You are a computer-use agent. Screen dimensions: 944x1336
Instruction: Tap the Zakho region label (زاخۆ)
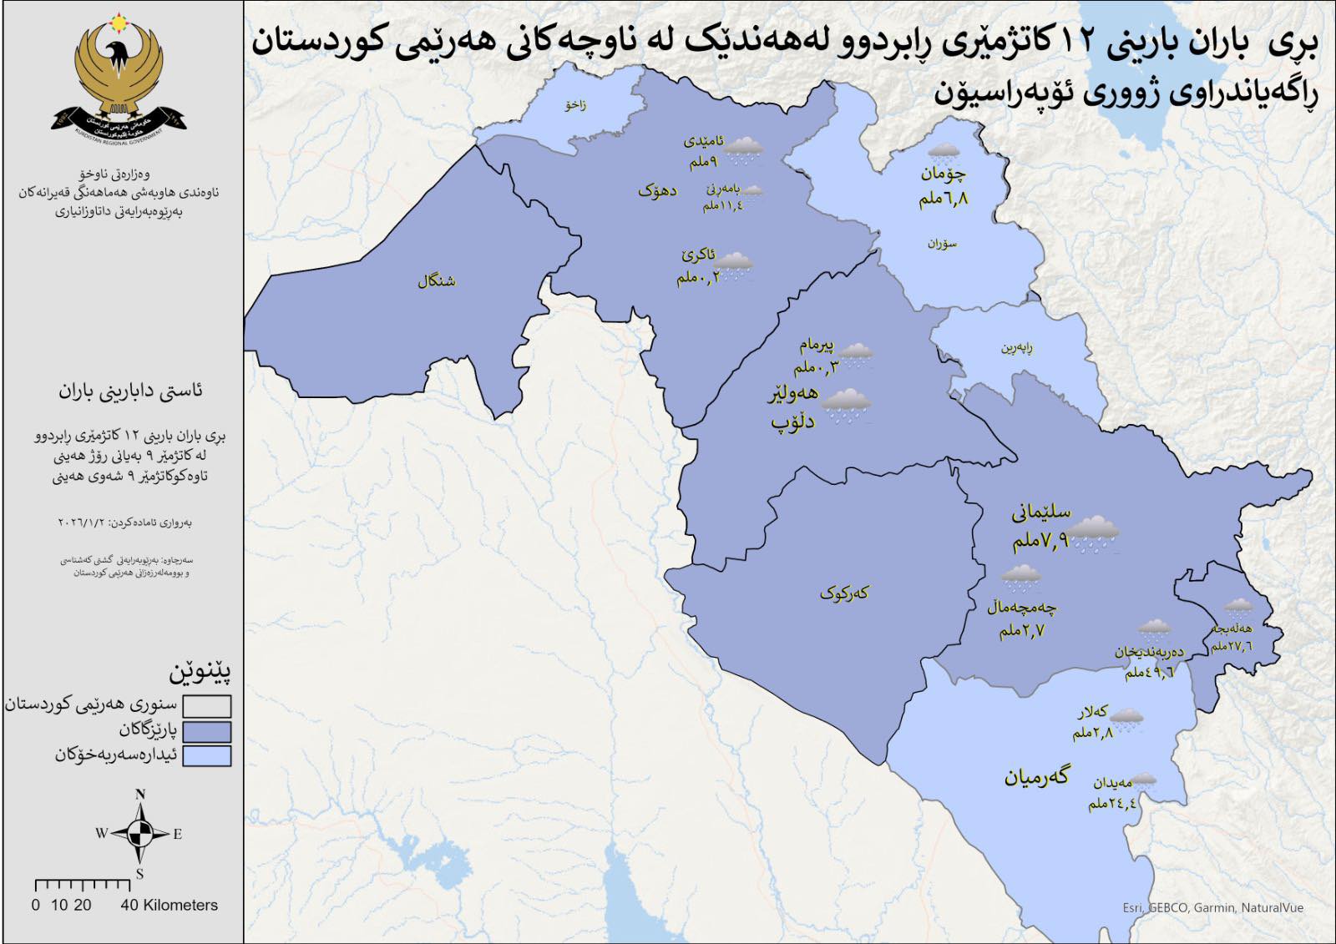[575, 105]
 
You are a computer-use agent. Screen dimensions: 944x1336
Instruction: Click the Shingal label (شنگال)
[436, 280]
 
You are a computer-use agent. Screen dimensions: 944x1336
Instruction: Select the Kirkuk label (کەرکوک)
[843, 593]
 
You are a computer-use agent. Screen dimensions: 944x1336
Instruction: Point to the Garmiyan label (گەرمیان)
[1035, 776]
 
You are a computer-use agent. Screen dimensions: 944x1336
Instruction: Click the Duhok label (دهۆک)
[657, 191]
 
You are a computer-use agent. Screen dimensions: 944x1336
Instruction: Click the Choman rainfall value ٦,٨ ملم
[944, 199]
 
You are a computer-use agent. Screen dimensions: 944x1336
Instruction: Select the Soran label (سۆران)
[942, 244]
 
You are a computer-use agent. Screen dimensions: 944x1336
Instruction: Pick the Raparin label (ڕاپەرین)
[1017, 347]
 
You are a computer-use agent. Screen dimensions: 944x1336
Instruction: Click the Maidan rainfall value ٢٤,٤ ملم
[1112, 803]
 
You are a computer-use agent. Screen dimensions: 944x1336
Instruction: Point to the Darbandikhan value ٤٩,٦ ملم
[1149, 671]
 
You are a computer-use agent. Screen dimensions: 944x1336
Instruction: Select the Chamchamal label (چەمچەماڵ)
[1021, 607]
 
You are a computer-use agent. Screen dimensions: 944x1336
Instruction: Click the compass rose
[140, 832]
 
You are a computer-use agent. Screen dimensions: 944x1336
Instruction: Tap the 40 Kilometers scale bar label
[169, 905]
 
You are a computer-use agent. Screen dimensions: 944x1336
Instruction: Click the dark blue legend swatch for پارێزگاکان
[207, 731]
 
